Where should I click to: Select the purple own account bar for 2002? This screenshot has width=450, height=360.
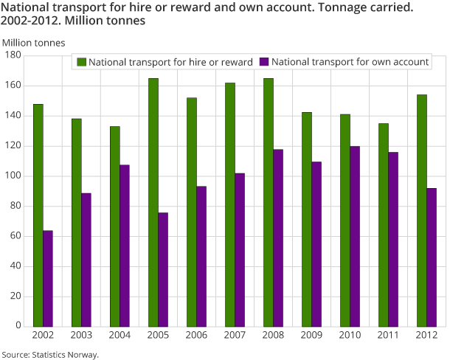point(48,279)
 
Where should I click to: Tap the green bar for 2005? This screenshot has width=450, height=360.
point(153,202)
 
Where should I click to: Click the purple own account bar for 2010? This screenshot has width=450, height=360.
point(355,236)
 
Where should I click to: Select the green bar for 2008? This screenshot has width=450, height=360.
point(268,202)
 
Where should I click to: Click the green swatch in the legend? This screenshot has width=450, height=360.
point(81,62)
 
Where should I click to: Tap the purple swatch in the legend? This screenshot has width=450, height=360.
point(264,62)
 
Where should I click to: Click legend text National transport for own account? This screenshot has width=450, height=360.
point(350,62)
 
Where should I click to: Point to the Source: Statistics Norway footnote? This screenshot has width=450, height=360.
point(50,354)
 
